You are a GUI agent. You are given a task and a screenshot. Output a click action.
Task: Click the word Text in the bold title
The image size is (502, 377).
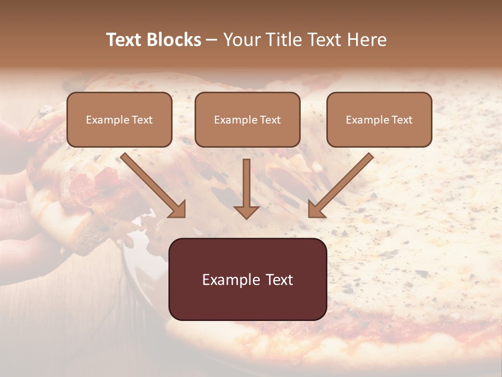coord(124,40)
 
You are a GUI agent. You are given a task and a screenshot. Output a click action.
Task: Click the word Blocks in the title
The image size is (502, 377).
coord(174,40)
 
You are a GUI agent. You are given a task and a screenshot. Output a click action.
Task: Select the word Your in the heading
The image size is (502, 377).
coord(242,40)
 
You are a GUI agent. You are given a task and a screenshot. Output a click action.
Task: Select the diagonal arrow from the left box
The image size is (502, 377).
coord(153,184)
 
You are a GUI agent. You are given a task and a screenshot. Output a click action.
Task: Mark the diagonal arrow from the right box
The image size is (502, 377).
coord(340,184)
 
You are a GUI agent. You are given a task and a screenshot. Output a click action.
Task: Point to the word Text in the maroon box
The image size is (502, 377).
coord(279,280)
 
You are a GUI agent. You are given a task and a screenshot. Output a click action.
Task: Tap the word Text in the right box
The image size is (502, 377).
coord(402,120)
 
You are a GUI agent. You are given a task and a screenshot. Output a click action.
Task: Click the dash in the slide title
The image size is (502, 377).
coord(212,40)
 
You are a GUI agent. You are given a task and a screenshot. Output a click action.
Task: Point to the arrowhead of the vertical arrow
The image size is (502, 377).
coord(246,211)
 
